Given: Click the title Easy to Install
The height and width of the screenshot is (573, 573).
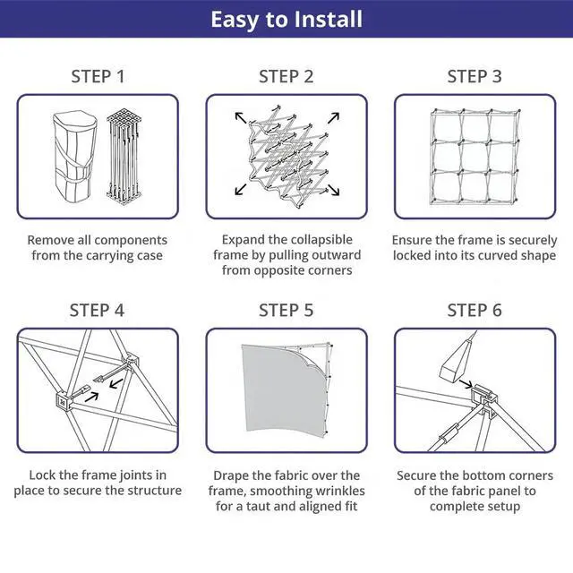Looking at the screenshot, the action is [x=286, y=20].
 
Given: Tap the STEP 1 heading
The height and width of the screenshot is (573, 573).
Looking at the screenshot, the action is [x=98, y=77].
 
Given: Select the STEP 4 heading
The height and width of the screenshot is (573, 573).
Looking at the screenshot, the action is [x=98, y=311].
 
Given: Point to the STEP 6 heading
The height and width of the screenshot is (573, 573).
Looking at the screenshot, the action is [x=475, y=311].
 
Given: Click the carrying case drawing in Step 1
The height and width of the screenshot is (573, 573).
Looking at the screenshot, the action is [x=75, y=157].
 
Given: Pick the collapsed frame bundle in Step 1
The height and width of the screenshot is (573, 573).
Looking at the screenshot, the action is [x=124, y=156].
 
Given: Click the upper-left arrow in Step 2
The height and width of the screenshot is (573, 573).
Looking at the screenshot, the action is [x=241, y=117].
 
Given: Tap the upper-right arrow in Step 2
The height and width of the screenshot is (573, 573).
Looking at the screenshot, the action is [x=333, y=117].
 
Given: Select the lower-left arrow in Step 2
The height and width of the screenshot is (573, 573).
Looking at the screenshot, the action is [x=241, y=189].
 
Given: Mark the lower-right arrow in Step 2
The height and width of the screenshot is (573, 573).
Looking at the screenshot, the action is [x=334, y=190].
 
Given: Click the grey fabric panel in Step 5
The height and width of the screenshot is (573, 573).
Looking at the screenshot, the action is [x=281, y=389].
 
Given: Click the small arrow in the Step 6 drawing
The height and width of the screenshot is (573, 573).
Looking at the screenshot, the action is [x=466, y=383].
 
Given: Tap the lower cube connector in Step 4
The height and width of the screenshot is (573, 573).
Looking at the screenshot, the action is [x=63, y=401].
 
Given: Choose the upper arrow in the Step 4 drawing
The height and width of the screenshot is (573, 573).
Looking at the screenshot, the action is [x=116, y=383].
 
